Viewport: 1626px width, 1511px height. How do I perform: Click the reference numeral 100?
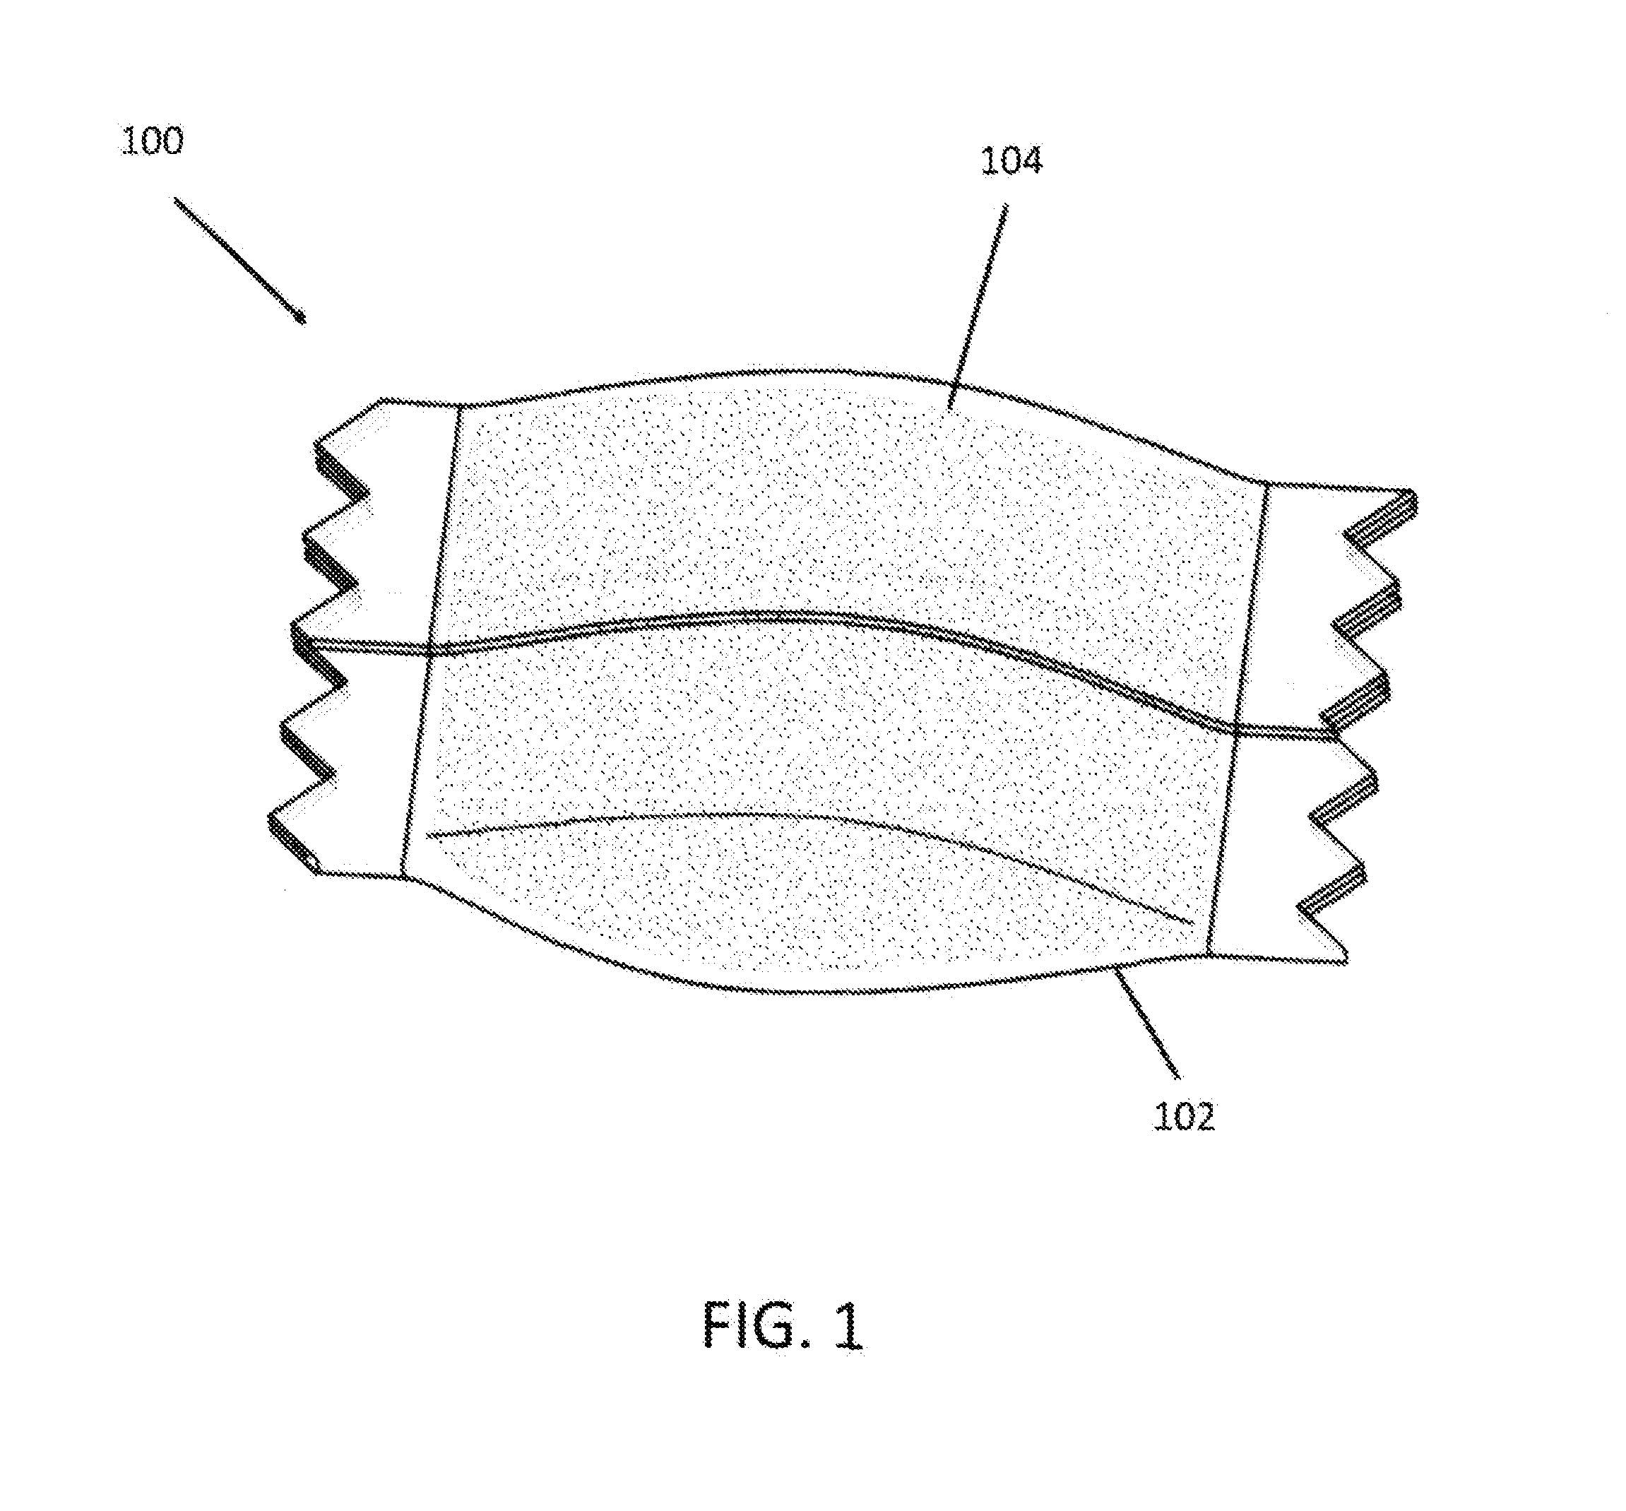coord(153,141)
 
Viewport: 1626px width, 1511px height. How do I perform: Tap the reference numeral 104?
coord(1011,161)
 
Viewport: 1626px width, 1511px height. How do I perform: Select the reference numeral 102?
coord(1185,1116)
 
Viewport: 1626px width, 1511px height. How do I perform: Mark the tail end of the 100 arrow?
coord(175,198)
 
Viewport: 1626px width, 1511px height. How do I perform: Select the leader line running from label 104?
coord(977,306)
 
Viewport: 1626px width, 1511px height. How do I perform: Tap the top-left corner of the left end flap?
coord(384,399)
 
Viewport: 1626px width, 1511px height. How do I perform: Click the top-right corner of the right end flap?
coord(1413,492)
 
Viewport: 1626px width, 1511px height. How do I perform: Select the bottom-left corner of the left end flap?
coord(317,872)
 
